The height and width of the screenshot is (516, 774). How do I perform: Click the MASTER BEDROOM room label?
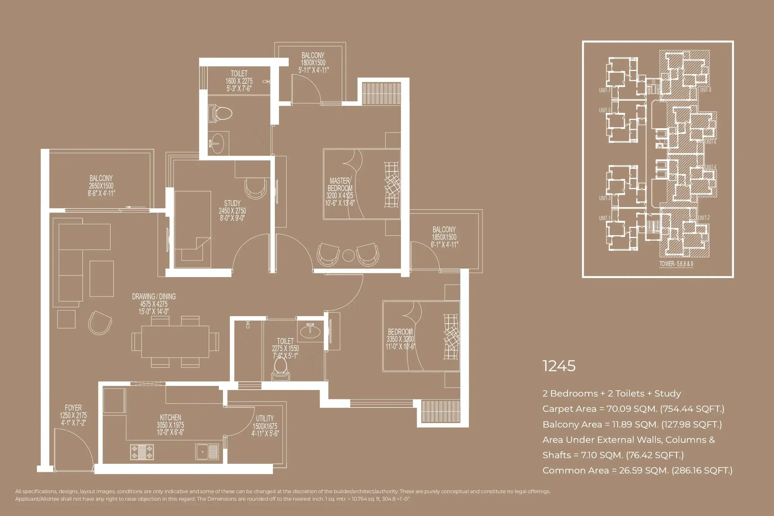click(x=340, y=185)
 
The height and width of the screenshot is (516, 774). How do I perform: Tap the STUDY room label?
click(x=232, y=203)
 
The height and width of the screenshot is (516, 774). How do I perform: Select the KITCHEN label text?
click(x=170, y=417)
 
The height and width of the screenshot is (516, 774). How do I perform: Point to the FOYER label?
click(x=73, y=408)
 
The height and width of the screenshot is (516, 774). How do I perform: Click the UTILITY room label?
click(x=265, y=418)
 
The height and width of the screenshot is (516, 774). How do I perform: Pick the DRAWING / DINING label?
click(x=154, y=296)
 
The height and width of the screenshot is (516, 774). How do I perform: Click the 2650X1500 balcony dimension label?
click(x=101, y=185)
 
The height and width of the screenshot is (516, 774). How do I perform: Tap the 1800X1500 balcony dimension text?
click(x=313, y=63)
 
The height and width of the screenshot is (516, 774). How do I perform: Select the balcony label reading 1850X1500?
click(x=444, y=237)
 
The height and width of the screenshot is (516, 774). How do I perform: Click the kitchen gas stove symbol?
click(x=142, y=452)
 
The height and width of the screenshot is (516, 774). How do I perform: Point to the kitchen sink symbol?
click(x=207, y=452)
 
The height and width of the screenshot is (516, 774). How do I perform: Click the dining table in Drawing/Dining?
click(x=175, y=341)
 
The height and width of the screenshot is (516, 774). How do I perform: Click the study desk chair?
click(x=255, y=189)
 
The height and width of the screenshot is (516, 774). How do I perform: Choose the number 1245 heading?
click(x=559, y=366)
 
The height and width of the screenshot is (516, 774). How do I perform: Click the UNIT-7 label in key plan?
click(x=605, y=90)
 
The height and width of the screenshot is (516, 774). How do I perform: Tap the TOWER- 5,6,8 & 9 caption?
click(x=676, y=264)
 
